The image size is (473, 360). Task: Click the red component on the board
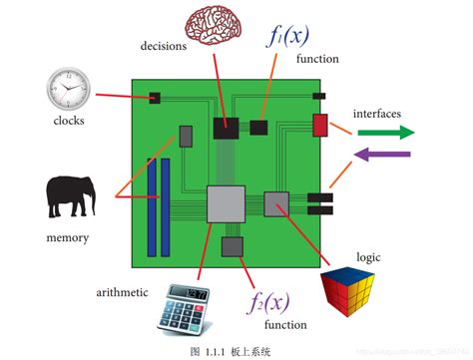(x=320, y=126)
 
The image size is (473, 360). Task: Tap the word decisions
(x=165, y=45)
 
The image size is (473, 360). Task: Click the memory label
(x=68, y=237)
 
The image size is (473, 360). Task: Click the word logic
(x=341, y=256)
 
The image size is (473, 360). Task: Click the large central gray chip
(x=226, y=203)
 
